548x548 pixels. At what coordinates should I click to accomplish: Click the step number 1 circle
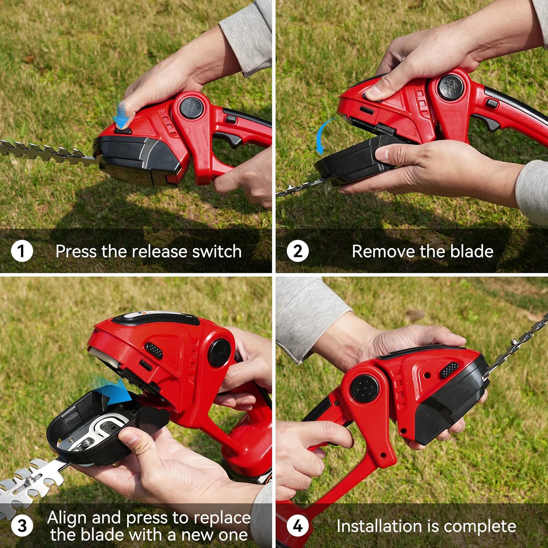click(x=22, y=251)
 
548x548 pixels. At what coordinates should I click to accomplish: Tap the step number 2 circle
click(x=298, y=251)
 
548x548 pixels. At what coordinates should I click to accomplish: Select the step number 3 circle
click(x=22, y=526)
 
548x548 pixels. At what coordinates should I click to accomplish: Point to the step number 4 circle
click(x=298, y=526)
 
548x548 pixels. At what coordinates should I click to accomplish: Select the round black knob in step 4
click(x=366, y=388)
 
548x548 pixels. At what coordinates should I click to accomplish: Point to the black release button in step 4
click(x=449, y=370)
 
